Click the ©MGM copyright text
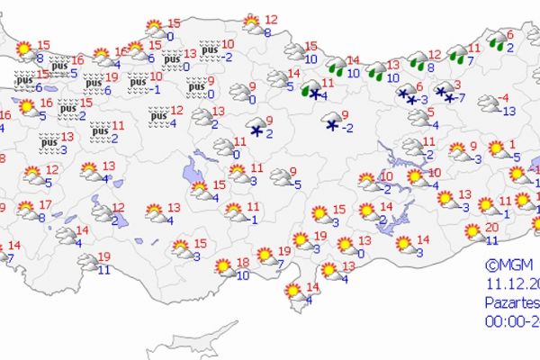[x=509, y=265]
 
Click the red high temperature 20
[x=491, y=227]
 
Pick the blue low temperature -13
[x=508, y=111]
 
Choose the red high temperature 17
[x=45, y=205]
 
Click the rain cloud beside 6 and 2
[x=494, y=40]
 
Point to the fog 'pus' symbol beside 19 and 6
[x=94, y=84]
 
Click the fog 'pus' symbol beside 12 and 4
[x=158, y=115]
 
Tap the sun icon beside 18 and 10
[x=222, y=265]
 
